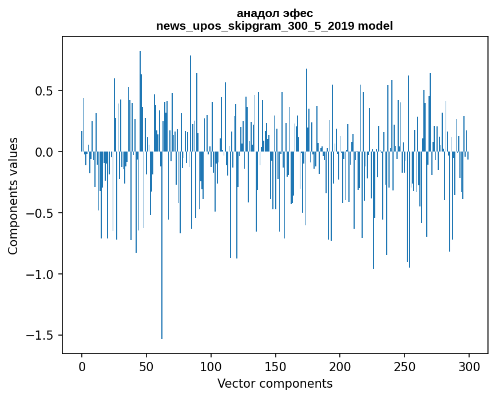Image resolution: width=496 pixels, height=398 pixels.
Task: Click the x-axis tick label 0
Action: point(82,366)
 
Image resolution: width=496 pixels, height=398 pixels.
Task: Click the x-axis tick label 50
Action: point(146,366)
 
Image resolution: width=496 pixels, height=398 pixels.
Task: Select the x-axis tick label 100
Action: point(211,366)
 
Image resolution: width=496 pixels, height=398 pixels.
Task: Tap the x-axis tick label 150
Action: point(276,366)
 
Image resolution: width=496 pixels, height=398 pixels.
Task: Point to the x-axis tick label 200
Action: point(340,366)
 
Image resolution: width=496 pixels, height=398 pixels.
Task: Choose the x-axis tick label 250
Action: point(405,366)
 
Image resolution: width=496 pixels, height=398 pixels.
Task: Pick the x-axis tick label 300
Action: point(470,366)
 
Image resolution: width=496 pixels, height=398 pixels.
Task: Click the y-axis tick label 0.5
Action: point(45,91)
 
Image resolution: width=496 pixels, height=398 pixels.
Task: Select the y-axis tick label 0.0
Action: point(45,152)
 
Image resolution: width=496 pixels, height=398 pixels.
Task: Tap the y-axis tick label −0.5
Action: point(41,213)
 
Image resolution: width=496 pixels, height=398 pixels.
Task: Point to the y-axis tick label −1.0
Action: point(41,274)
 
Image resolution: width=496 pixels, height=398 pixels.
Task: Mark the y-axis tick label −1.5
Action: point(41,335)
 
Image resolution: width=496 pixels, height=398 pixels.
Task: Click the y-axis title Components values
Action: point(13,196)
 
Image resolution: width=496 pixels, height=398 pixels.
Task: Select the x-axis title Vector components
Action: point(275,384)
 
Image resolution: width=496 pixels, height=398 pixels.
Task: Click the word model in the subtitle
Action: point(375,26)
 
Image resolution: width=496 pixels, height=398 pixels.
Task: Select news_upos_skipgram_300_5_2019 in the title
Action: point(255,26)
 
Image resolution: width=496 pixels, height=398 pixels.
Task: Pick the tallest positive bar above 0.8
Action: point(140,86)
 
